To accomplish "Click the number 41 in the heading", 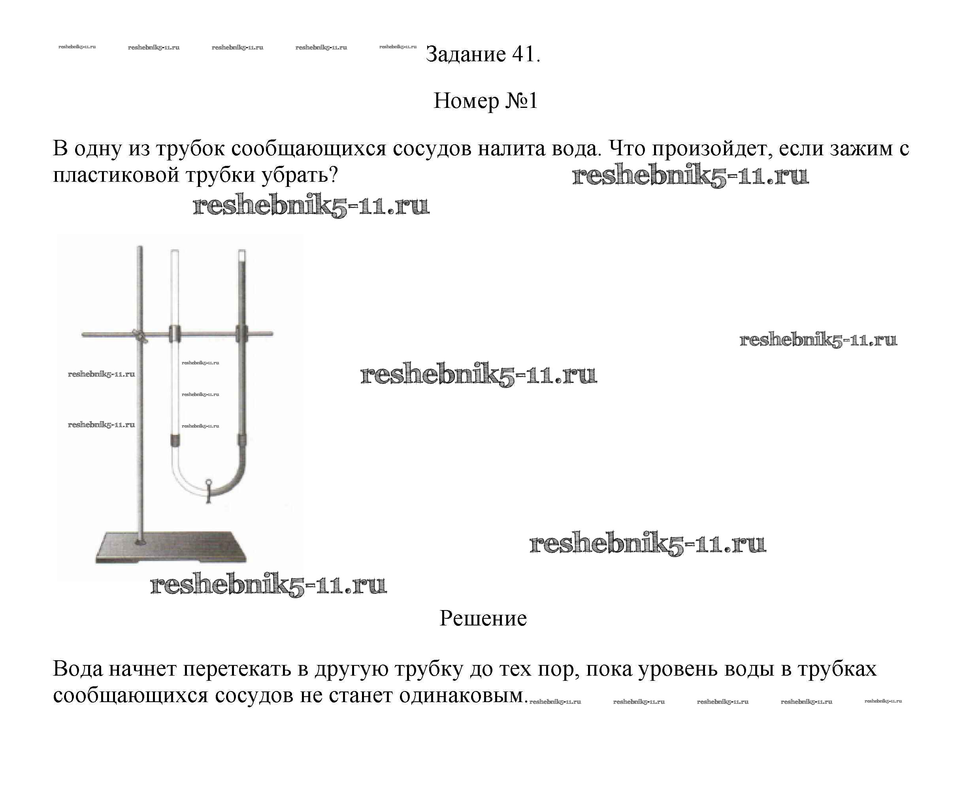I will [522, 55].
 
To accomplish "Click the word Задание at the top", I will [466, 55].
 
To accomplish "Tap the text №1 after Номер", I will [521, 100].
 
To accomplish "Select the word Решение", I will [483, 618].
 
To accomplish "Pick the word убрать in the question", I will [299, 175].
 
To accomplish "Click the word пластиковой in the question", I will [115, 175].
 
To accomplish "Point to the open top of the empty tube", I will [175, 252].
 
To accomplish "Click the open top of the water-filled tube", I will [242, 252].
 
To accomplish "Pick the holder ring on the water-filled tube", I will [241, 333].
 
